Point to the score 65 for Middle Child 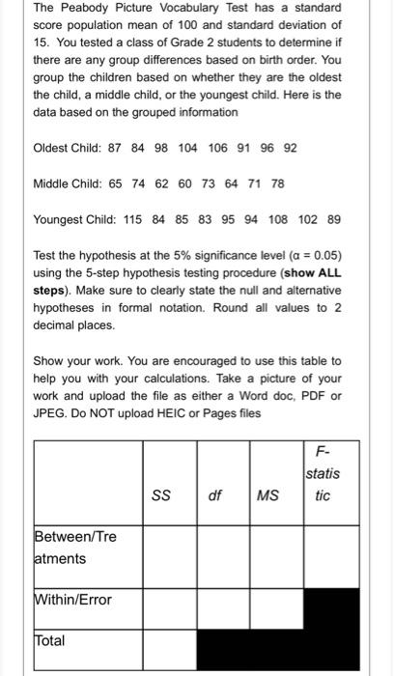pos(127,183)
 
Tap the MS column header pos(267,495)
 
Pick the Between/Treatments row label pos(73,548)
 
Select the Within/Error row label pos(73,600)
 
